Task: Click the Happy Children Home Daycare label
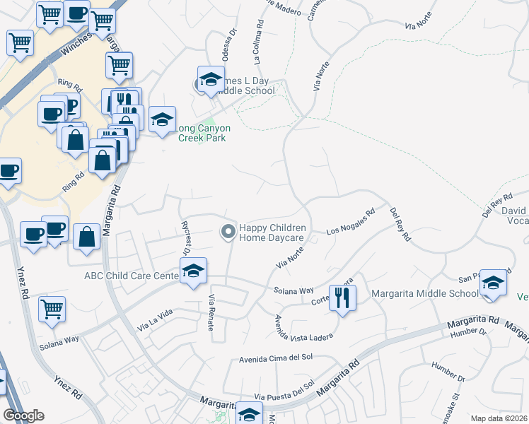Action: tap(272, 232)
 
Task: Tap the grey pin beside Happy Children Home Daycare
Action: tap(228, 231)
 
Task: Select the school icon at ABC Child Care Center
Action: tap(192, 271)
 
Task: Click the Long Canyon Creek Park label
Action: tap(202, 133)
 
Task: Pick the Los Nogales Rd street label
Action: tap(350, 222)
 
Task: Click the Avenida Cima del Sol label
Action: tap(276, 358)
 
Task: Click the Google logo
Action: tap(23, 416)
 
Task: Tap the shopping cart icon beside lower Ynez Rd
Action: tap(52, 310)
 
